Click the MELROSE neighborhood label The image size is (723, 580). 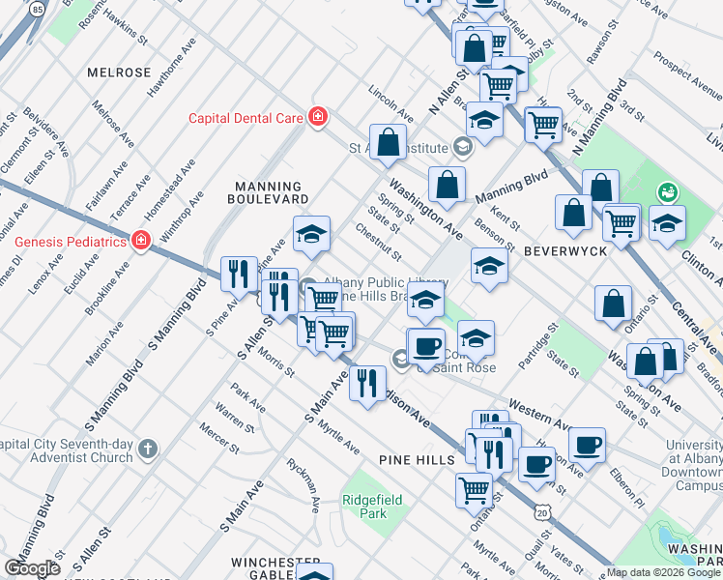pyautogui.click(x=119, y=72)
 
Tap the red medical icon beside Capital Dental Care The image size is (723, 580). pyautogui.click(x=316, y=117)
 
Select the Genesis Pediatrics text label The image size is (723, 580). pyautogui.click(x=64, y=240)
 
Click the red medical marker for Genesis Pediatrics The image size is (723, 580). pyautogui.click(x=140, y=240)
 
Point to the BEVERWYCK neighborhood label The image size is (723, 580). pyautogui.click(x=565, y=250)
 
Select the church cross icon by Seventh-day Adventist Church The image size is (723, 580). pyautogui.click(x=146, y=449)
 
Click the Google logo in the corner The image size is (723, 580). pyautogui.click(x=32, y=568)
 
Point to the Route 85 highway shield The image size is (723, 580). pyautogui.click(x=37, y=9)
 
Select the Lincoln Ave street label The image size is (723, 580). pyautogui.click(x=390, y=102)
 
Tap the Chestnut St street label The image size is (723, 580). pyautogui.click(x=378, y=241)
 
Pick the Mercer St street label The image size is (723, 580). pyautogui.click(x=219, y=437)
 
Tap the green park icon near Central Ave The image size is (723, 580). pyautogui.click(x=665, y=192)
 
